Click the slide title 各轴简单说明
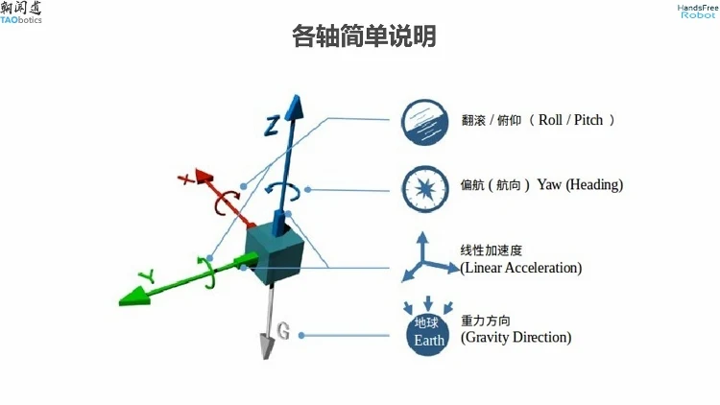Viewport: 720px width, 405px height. (x=364, y=37)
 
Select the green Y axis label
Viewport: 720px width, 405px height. (x=146, y=275)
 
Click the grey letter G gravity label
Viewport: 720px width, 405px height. (x=283, y=332)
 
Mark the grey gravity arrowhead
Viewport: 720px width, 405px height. (x=266, y=347)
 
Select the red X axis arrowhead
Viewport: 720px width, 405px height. (x=204, y=177)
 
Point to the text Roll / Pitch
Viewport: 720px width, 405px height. (x=575, y=121)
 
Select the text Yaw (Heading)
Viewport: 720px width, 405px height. (x=580, y=185)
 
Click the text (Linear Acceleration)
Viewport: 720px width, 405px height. (x=521, y=269)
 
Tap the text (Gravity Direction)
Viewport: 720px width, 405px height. (x=516, y=338)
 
